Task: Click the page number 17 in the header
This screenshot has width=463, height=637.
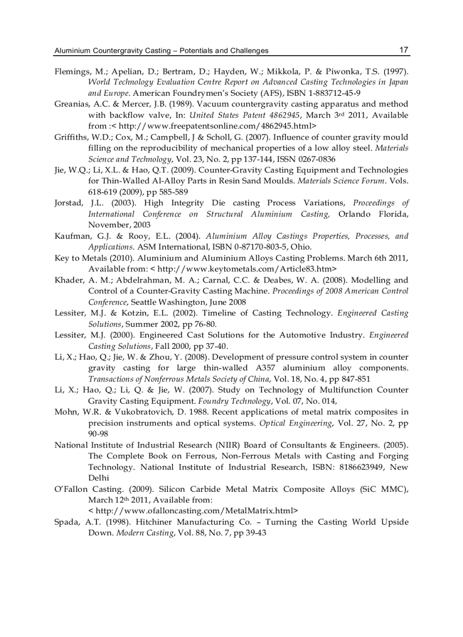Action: tap(403, 50)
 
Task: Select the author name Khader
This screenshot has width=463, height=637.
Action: tap(69, 280)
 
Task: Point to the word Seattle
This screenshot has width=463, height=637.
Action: tap(147, 302)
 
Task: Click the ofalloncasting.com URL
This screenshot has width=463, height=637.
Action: tap(193, 511)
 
